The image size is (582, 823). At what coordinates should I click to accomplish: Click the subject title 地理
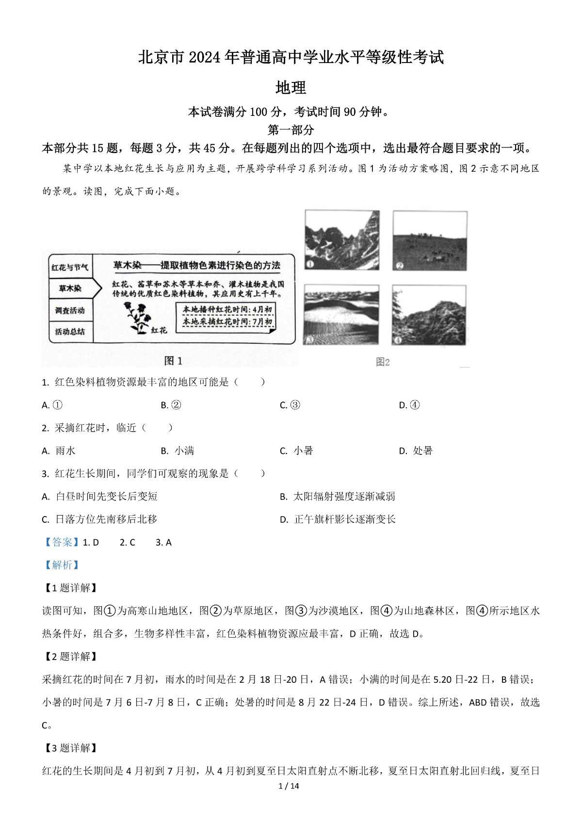[291, 88]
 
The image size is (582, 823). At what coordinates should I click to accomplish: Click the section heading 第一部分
[291, 130]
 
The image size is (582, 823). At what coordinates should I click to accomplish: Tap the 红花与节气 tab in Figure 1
[70, 267]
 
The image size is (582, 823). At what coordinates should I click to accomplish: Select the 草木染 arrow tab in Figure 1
[71, 289]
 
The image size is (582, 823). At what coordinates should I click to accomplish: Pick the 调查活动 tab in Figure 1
[70, 310]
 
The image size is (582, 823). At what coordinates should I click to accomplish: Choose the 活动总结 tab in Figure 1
[70, 332]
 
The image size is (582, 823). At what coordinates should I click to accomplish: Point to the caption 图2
[383, 362]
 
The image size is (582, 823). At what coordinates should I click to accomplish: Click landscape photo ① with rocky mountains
[342, 241]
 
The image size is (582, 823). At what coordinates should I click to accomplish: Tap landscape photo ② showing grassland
[430, 241]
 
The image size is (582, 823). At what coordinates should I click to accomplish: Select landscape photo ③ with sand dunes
[341, 315]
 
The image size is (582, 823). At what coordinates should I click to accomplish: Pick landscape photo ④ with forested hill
[429, 315]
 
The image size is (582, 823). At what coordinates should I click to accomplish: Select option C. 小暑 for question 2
[296, 451]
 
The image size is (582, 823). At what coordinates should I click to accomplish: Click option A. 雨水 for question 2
[59, 451]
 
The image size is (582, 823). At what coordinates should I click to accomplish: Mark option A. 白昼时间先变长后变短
[100, 496]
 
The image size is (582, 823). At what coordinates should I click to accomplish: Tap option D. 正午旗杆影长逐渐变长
[338, 519]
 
